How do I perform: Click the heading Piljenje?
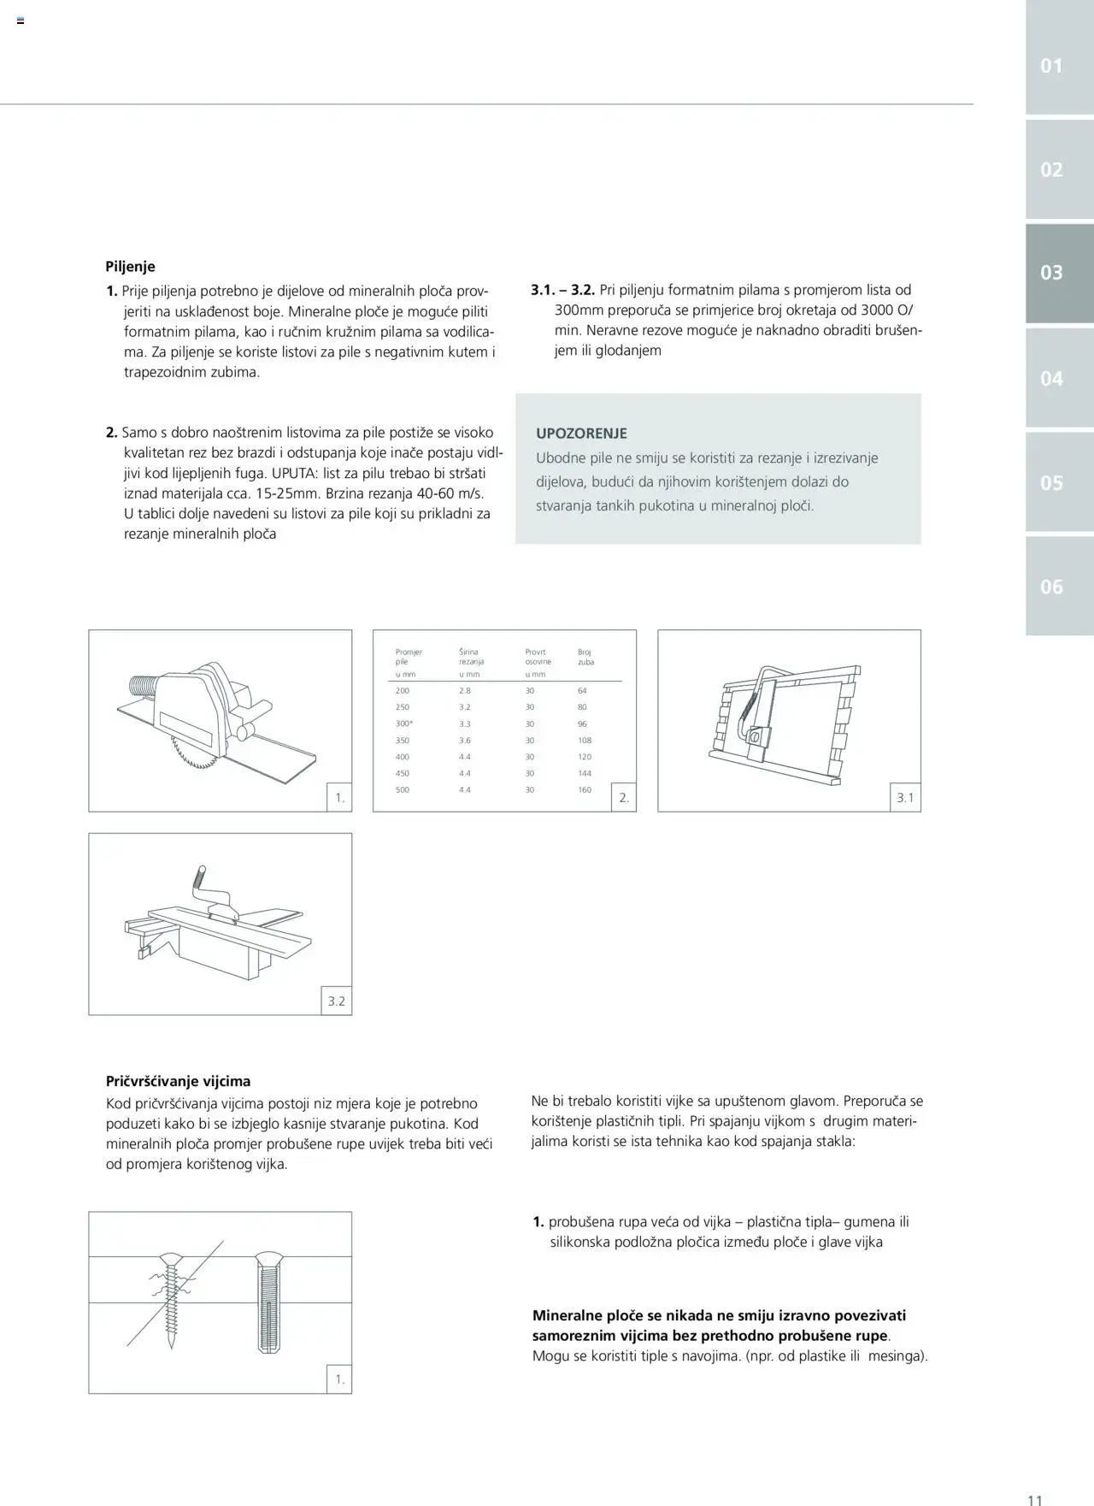pos(130,267)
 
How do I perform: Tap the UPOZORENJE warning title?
pos(581,434)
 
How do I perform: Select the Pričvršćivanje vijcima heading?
pos(178,1081)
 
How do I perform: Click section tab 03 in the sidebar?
pos(1051,273)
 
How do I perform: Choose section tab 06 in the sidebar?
pos(1051,587)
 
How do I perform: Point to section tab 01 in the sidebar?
pos(1051,66)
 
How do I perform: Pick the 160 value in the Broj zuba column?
pos(585,790)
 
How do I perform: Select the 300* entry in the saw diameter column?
pos(403,724)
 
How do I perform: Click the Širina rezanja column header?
pos(471,657)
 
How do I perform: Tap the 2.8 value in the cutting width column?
pos(465,691)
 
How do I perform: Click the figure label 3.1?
pos(905,799)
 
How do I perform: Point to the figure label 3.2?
pos(337,1001)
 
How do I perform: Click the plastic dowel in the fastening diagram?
pos(268,1304)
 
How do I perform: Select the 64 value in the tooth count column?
pos(583,691)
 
